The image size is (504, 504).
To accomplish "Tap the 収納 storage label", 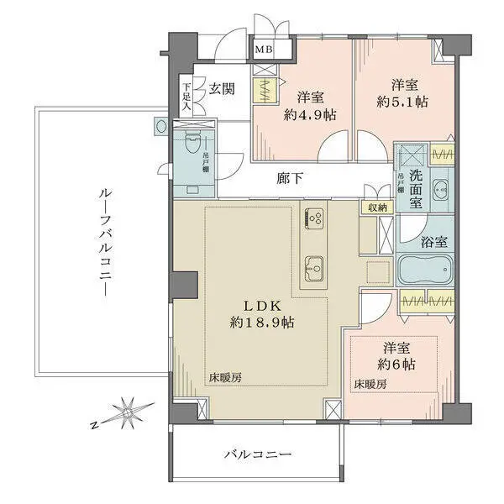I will [375, 207].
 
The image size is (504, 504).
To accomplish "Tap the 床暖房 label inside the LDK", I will [226, 378].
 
